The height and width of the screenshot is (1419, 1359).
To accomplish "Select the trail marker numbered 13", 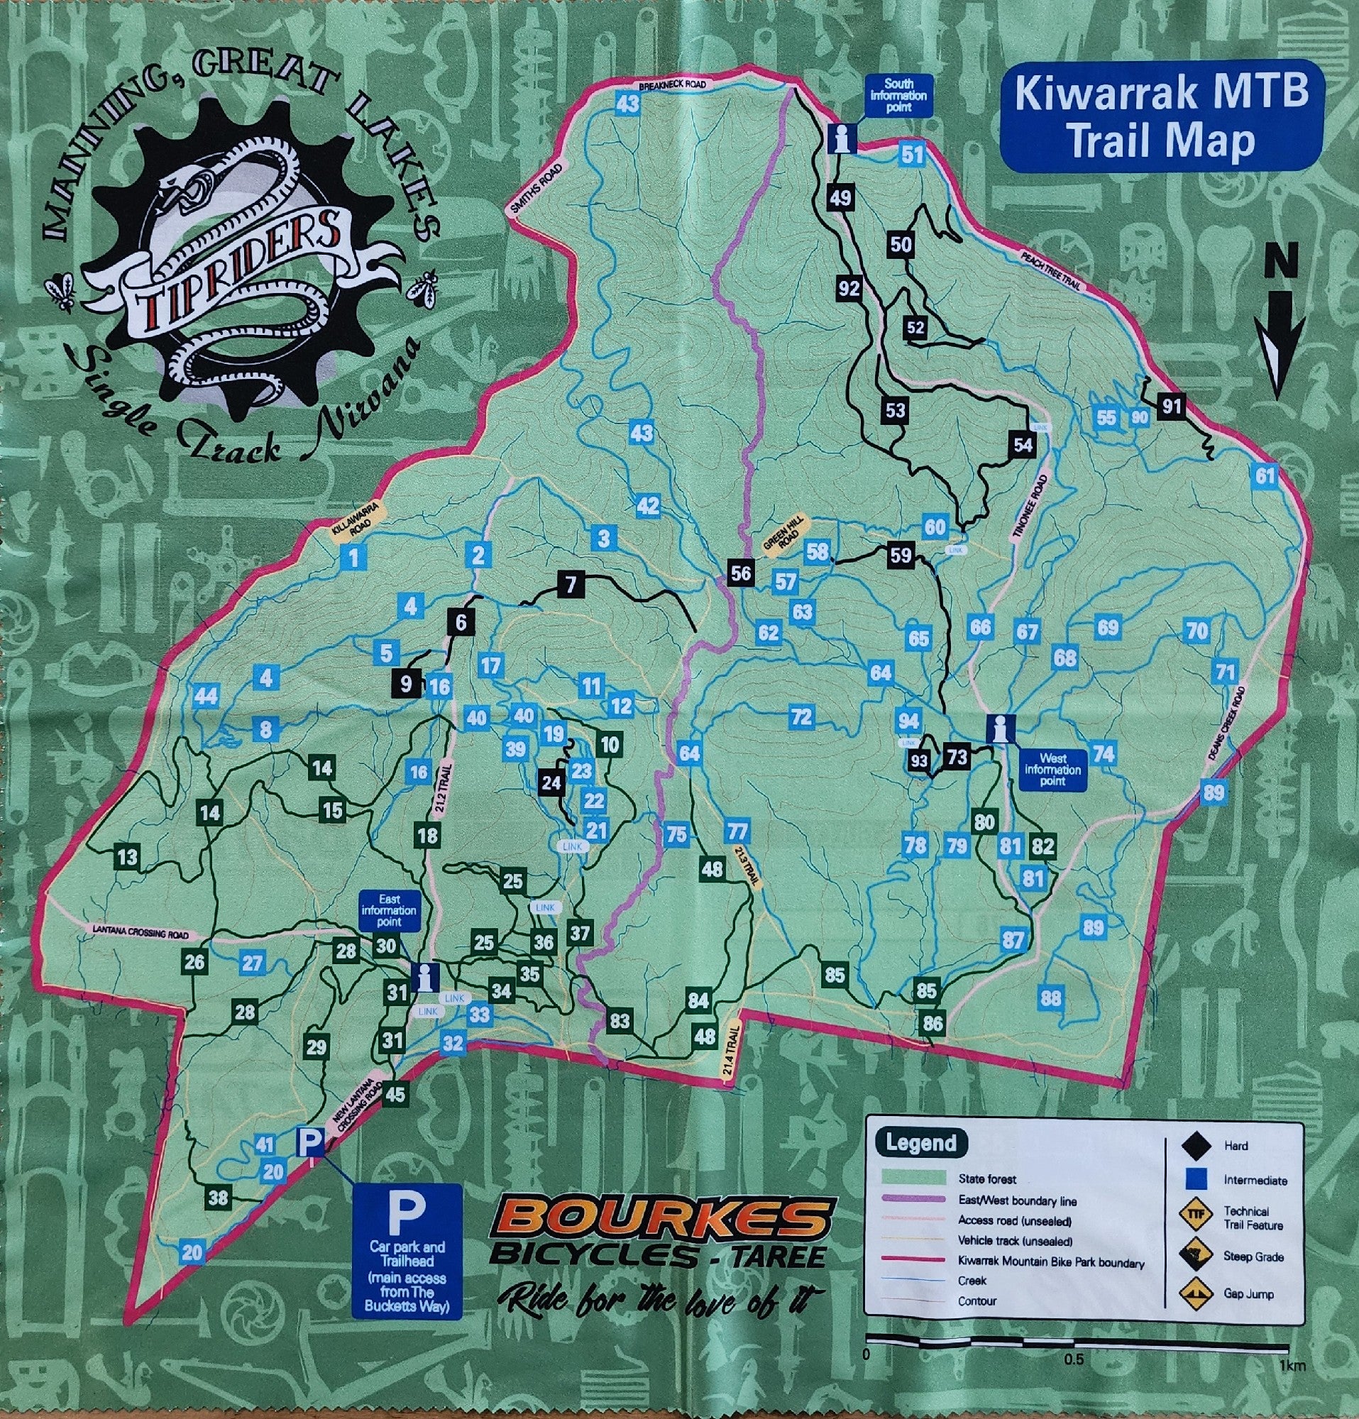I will [x=127, y=858].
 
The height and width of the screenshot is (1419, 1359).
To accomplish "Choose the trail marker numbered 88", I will [x=1050, y=998].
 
